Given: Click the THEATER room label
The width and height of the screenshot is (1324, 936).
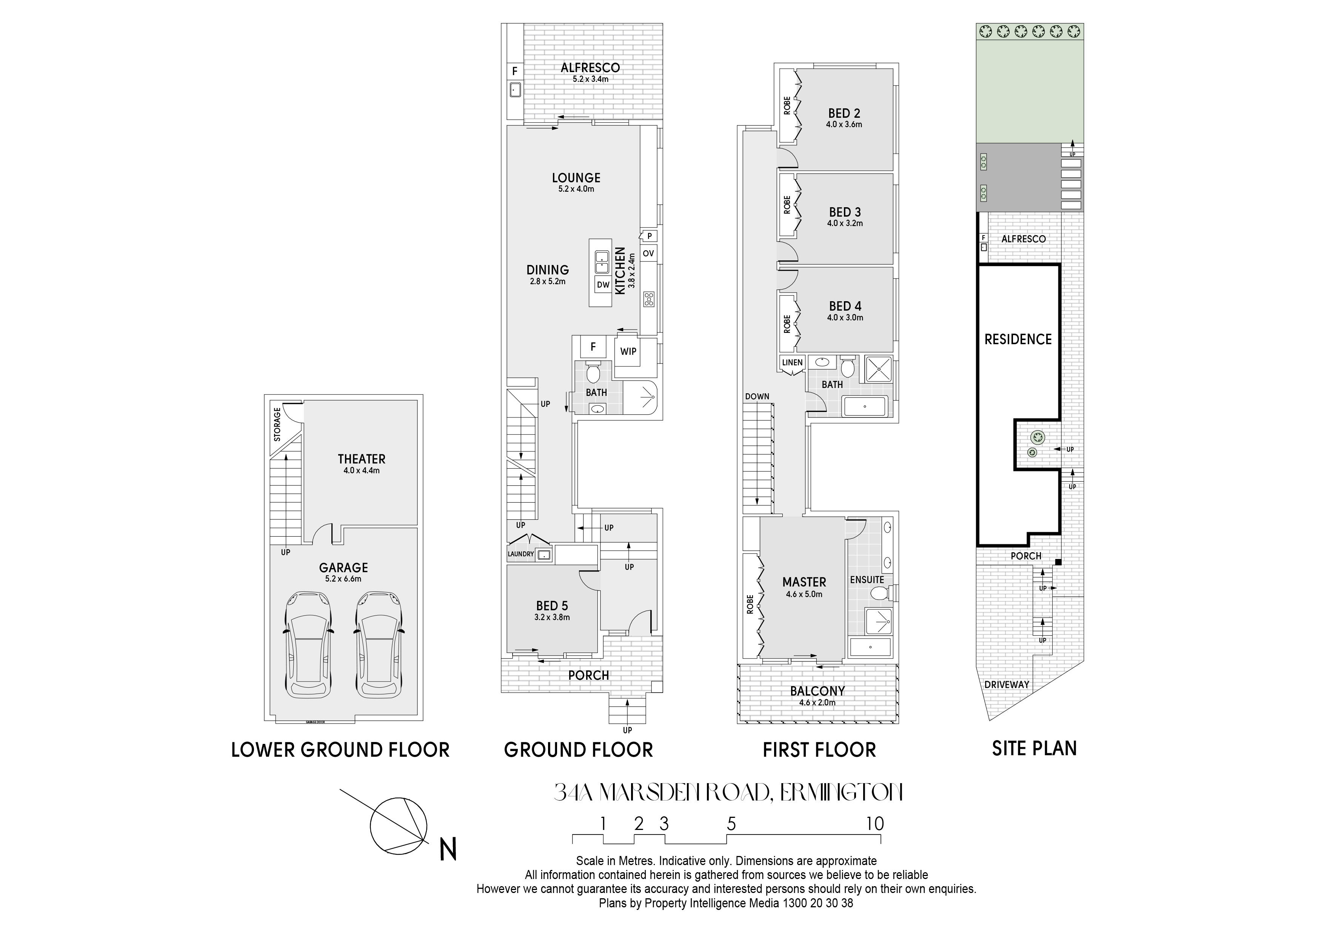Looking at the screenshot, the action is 362,459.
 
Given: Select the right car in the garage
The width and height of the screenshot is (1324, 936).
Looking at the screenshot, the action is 379,644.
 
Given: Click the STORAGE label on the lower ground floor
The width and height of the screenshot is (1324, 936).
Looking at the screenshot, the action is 277,425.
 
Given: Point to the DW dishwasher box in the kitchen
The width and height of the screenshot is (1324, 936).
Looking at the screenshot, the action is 603,284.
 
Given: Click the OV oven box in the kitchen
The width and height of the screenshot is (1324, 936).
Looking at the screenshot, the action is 648,253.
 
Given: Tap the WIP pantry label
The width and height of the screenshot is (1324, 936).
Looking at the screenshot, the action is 628,351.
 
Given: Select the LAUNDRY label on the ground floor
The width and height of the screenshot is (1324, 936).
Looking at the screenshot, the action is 521,554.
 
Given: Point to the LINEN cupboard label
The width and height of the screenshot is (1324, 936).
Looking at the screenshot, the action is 792,363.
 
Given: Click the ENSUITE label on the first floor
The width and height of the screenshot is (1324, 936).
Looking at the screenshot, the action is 867,580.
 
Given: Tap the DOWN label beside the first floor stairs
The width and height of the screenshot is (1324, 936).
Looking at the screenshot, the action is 757,396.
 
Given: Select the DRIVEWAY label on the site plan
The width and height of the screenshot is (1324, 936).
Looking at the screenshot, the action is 1007,685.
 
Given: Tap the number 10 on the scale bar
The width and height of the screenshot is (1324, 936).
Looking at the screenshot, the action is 875,824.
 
